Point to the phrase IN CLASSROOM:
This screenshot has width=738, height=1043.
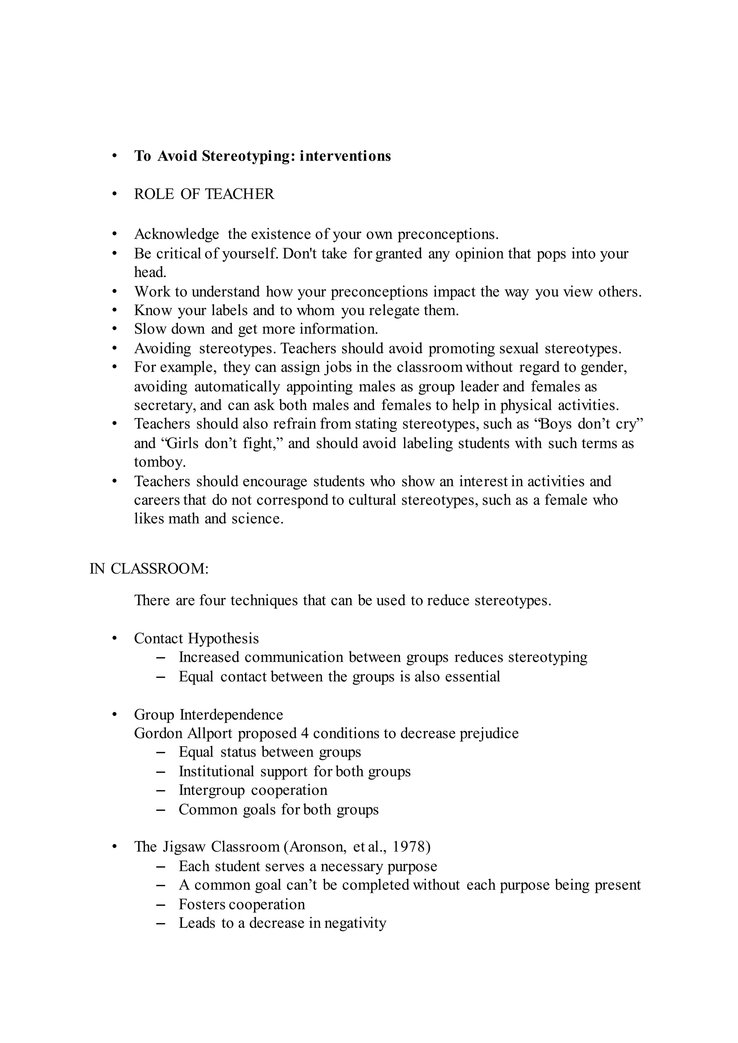point(149,569)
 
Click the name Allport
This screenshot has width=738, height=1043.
point(209,733)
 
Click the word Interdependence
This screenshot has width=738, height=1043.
point(231,715)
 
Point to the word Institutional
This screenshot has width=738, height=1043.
point(216,771)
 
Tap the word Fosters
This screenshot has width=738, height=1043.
point(202,904)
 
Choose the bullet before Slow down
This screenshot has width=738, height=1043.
point(115,329)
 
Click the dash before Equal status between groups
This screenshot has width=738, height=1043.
point(160,752)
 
